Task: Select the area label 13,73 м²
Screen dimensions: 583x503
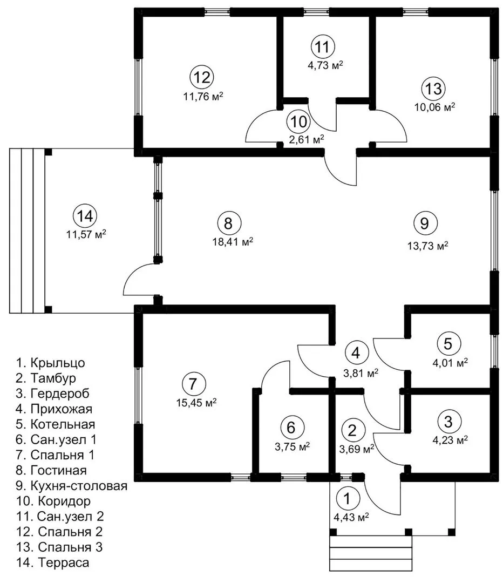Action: coord(427,246)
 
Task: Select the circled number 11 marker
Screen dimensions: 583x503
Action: coord(322,46)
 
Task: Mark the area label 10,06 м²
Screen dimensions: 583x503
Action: coord(435,107)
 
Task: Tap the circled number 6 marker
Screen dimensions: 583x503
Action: coord(291,428)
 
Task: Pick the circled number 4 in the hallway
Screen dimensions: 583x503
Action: coord(356,354)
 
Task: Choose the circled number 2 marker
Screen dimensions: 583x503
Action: coord(352,430)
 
